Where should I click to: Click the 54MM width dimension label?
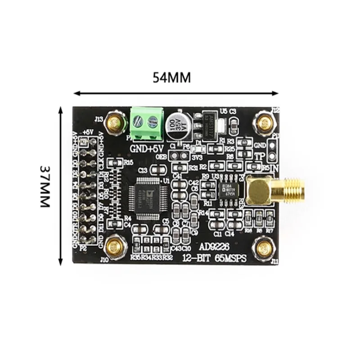(x=171, y=77)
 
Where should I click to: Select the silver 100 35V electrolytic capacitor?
(x=176, y=126)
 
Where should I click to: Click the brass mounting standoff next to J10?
(x=116, y=246)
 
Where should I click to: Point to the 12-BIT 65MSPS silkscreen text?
(x=205, y=258)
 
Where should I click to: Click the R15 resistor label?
(x=128, y=162)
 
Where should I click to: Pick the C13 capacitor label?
(x=144, y=170)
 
